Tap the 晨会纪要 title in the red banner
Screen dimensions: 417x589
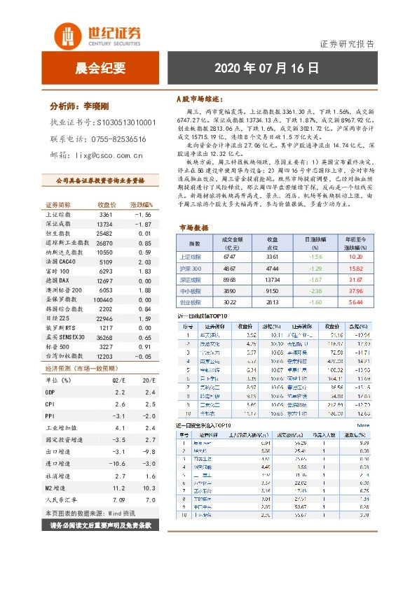tap(100, 68)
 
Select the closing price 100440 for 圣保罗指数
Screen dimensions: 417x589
tap(103, 299)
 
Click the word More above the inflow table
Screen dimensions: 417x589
tap(363, 424)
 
